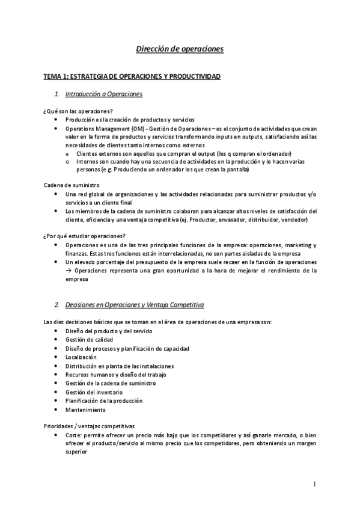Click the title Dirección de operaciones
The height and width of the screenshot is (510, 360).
[x=180, y=49]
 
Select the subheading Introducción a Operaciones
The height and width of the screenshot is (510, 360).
[x=103, y=94]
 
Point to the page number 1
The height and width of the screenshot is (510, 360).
[x=314, y=484]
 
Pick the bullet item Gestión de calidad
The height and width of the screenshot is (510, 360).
[x=89, y=340]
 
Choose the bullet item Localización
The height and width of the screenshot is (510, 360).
[x=81, y=357]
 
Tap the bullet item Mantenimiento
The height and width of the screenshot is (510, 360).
[x=85, y=410]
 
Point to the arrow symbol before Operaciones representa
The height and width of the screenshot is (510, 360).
[x=69, y=271]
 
